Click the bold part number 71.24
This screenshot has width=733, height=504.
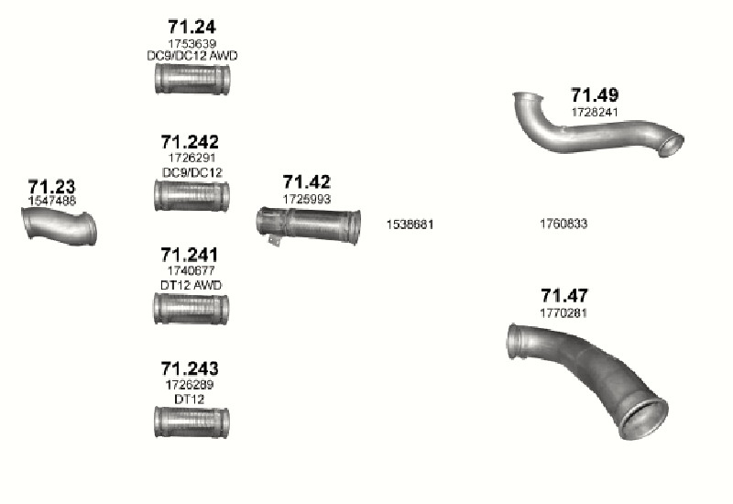(x=191, y=27)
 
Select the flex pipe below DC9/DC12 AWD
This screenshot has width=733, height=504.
(x=192, y=79)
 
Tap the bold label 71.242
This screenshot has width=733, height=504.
(x=190, y=142)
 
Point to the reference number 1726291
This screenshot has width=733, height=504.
(x=191, y=158)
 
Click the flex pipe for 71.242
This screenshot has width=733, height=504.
(x=191, y=195)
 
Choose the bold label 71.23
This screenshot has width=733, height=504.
(x=51, y=187)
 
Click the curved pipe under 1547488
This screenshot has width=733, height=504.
(x=60, y=226)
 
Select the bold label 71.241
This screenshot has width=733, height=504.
(x=190, y=255)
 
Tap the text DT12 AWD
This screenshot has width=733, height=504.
(x=191, y=285)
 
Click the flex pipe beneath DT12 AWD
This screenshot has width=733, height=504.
(x=191, y=309)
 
